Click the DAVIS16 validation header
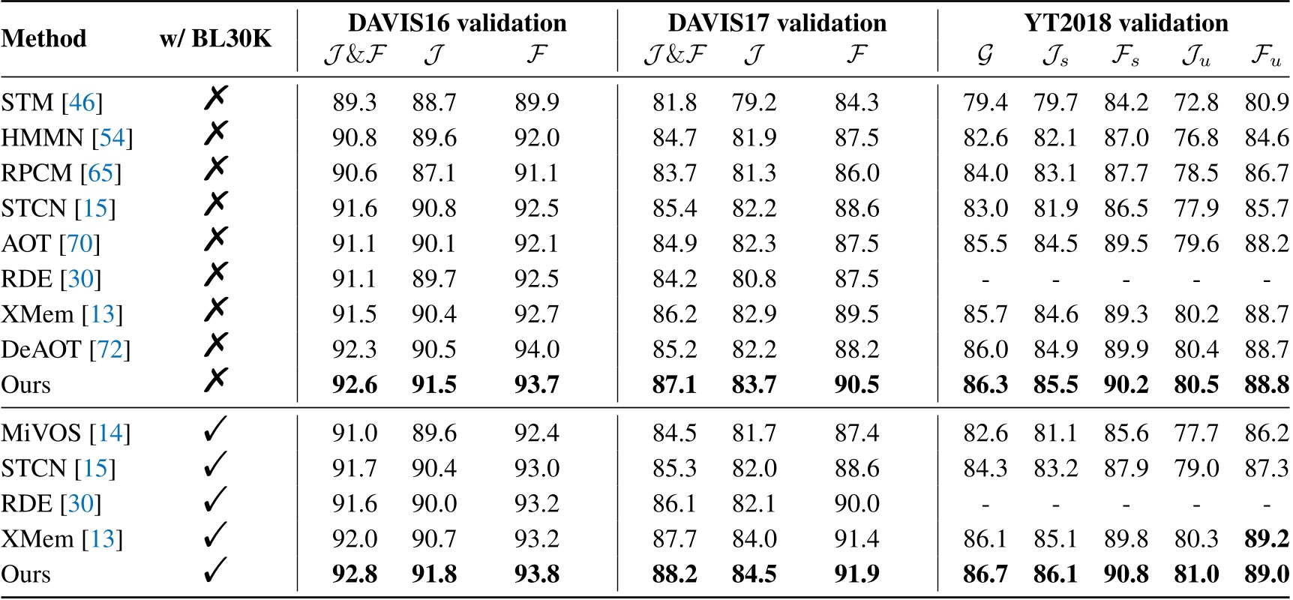(x=457, y=23)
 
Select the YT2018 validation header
(x=1126, y=23)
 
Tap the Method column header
(x=43, y=38)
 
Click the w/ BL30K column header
(x=215, y=38)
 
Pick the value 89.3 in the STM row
(x=354, y=103)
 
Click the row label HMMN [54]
(x=67, y=138)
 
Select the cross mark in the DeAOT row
(x=215, y=346)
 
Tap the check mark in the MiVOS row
(x=215, y=431)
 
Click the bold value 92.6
(x=354, y=385)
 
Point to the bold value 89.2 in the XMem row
(x=1267, y=539)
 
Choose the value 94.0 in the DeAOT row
(x=537, y=349)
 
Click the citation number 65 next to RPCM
(x=100, y=173)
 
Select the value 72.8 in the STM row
(x=1196, y=103)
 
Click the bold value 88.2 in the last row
(x=674, y=574)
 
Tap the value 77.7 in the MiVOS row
(x=1196, y=433)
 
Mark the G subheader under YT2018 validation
(x=985, y=56)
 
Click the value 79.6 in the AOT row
(x=1196, y=244)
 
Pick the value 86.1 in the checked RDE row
(x=674, y=504)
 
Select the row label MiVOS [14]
(x=65, y=433)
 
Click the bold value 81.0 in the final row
(x=1196, y=574)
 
